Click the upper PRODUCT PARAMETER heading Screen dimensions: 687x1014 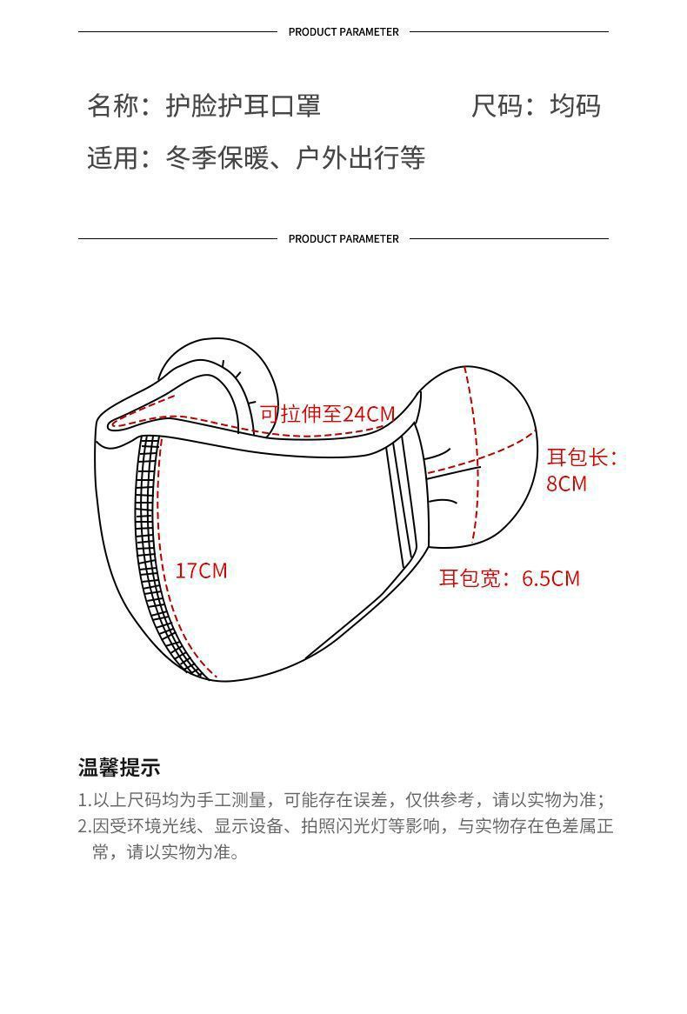(x=343, y=32)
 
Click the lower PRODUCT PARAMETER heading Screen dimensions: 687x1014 (x=343, y=239)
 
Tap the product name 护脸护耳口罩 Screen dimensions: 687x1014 (x=243, y=105)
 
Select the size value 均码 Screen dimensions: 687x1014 (x=575, y=105)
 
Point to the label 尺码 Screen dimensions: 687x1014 (x=497, y=105)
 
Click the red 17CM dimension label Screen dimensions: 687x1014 (x=201, y=570)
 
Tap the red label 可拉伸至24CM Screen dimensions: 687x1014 (x=327, y=413)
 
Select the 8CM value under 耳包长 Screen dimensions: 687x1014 (x=566, y=484)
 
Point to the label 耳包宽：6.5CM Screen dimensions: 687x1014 (x=509, y=578)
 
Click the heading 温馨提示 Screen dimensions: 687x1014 (x=119, y=768)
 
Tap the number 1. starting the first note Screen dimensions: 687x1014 (x=84, y=800)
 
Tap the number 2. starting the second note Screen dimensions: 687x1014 (x=84, y=826)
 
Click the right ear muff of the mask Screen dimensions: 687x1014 (x=487, y=452)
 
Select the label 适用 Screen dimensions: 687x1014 (x=112, y=158)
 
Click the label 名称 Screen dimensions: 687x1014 (x=112, y=105)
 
